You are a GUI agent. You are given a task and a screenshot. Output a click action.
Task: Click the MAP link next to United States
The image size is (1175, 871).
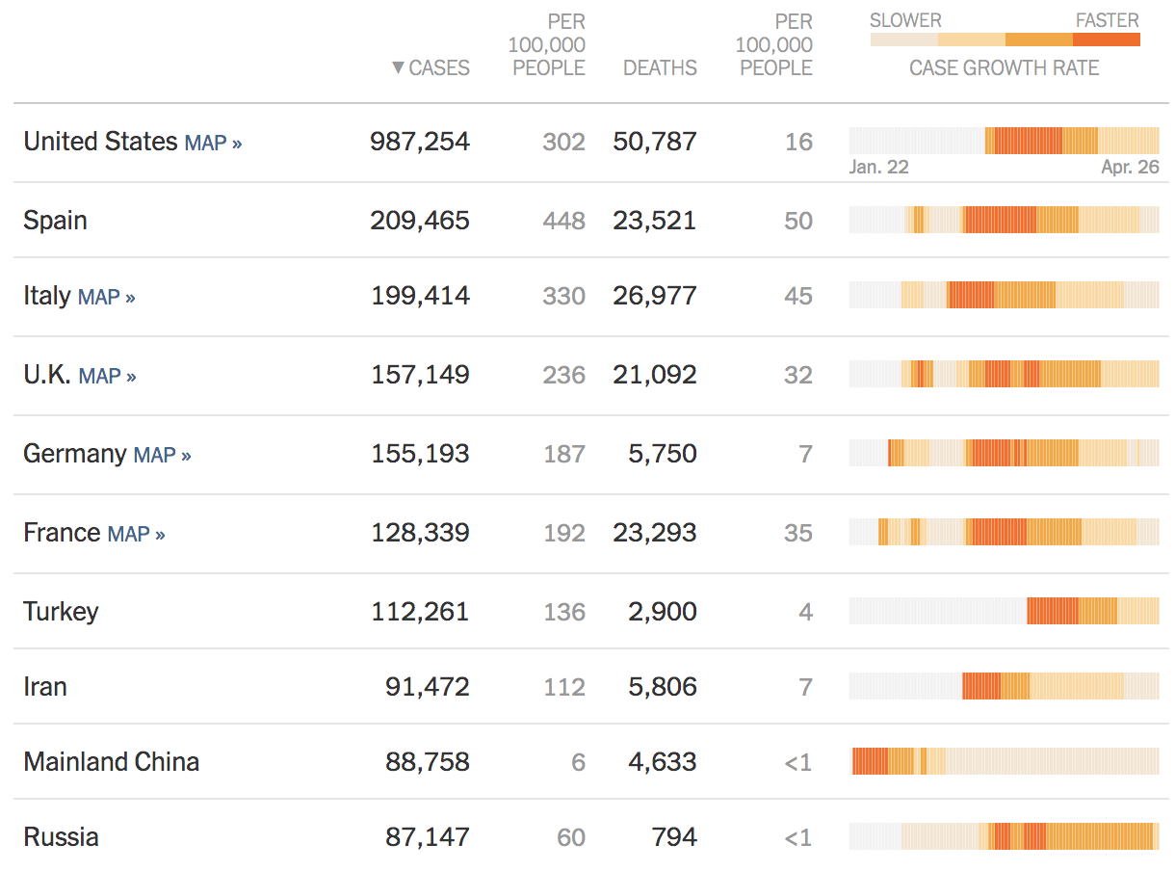[213, 143]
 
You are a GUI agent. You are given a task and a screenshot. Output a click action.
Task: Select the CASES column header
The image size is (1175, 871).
[431, 68]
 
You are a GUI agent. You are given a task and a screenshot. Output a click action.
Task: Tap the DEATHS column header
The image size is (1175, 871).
[660, 68]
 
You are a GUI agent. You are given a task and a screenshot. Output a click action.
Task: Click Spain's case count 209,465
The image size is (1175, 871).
[420, 221]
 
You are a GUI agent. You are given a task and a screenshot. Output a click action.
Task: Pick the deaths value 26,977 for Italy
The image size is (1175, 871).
[655, 296]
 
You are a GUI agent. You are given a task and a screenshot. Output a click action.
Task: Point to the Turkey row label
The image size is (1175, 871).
[61, 612]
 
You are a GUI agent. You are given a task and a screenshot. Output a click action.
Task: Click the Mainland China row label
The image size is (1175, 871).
[112, 762]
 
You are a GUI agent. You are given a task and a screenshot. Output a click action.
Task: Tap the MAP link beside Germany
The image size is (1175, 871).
[162, 455]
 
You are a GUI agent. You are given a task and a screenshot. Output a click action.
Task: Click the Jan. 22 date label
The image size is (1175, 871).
[878, 167]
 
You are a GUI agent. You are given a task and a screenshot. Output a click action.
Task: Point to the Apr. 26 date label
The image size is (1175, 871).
[1131, 167]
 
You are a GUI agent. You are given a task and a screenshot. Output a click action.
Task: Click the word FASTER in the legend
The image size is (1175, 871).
[1108, 20]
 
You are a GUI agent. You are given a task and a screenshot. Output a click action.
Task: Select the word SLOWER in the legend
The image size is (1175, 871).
[905, 20]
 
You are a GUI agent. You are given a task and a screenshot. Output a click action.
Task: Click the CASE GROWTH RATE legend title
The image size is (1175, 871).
[1005, 68]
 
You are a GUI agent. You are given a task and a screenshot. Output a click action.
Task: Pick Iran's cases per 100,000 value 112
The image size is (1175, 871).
[563, 687]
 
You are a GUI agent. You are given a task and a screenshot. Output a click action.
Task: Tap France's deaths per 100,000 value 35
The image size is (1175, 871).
[797, 533]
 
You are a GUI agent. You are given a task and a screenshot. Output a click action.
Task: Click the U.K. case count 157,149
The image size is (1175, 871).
[420, 375]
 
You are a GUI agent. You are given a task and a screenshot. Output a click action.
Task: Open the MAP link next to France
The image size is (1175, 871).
[136, 534]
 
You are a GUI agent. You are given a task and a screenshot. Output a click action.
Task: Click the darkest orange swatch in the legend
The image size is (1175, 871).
[1107, 40]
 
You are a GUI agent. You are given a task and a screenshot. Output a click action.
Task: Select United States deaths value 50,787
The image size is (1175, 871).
[655, 142]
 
